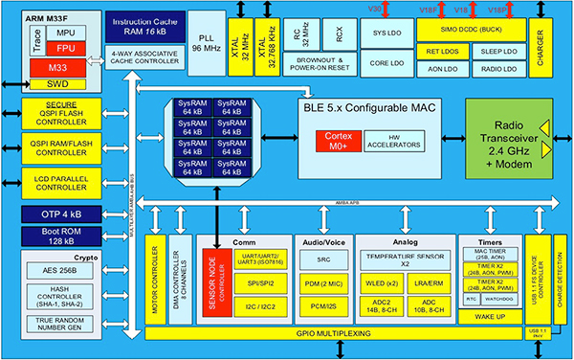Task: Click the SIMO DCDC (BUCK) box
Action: coord(466,32)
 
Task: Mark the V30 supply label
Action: coord(375,10)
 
